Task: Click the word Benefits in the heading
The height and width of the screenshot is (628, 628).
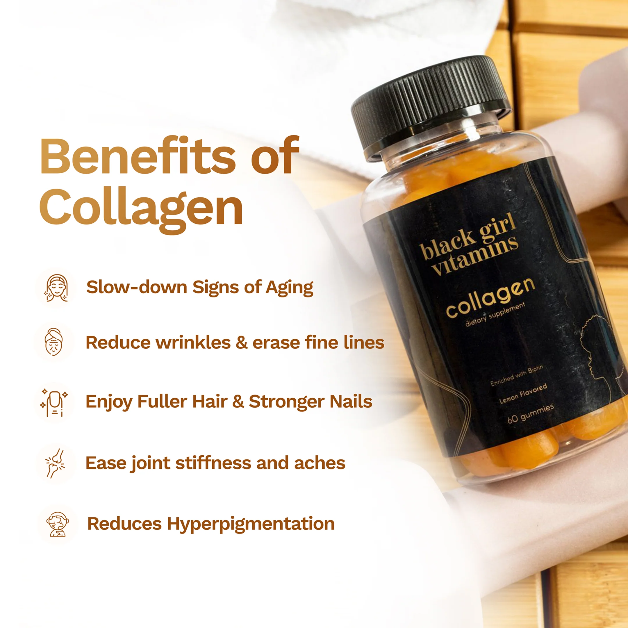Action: (x=138, y=156)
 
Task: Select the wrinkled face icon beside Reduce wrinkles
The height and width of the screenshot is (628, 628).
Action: (x=54, y=342)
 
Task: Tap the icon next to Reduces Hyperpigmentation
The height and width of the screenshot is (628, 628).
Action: (x=58, y=524)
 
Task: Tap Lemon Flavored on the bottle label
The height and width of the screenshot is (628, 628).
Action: (x=523, y=393)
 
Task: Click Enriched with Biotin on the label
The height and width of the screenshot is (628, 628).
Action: (x=517, y=376)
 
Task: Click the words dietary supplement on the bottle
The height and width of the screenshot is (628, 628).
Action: (x=495, y=314)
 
